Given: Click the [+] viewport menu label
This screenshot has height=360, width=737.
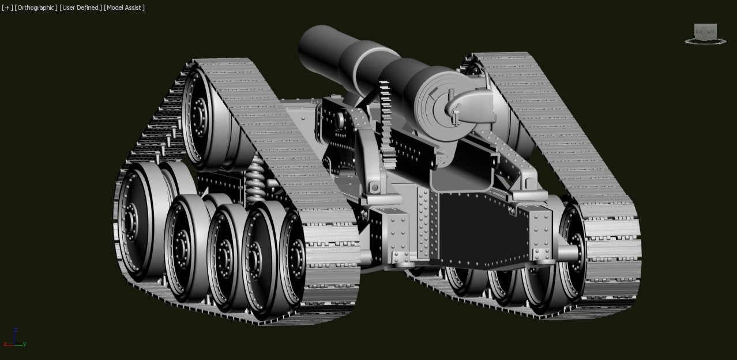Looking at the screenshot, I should pos(7,7).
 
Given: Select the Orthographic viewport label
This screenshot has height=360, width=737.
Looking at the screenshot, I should pos(36,7).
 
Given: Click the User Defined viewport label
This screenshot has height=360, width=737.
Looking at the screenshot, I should pos(81,7).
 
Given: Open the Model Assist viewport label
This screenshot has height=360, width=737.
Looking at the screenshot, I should pos(124,7).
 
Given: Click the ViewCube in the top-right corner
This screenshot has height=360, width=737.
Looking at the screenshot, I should pos(705,32).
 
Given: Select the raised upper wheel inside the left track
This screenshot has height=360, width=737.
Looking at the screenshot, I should pos(202,115).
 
